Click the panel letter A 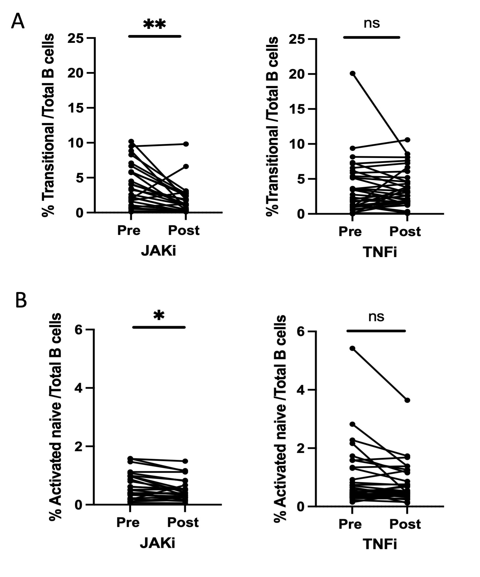(18, 22)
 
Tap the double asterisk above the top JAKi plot (154, 25)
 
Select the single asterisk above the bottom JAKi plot (159, 316)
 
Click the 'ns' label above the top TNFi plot (372, 24)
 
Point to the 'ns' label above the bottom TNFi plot (376, 317)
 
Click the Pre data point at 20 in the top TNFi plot (352, 73)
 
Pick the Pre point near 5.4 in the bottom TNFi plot (352, 348)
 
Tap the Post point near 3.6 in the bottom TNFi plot (407, 400)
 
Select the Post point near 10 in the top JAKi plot (186, 144)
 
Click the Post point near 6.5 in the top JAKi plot (186, 166)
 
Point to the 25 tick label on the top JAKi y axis (75, 38)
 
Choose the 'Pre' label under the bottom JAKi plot (128, 522)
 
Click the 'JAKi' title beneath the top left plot (158, 251)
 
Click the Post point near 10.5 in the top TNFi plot (407, 140)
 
